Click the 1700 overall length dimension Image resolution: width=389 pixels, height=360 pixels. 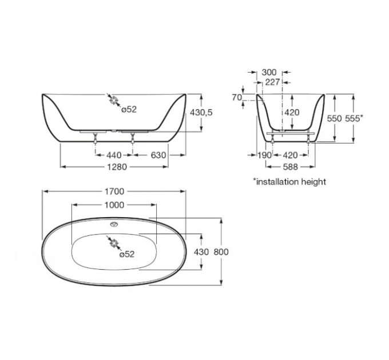tap(114, 191)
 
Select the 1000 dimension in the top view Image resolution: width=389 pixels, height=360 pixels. tap(114, 205)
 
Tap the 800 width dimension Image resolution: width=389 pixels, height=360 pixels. tap(221, 252)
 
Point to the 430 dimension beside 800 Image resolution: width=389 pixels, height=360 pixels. tap(201, 252)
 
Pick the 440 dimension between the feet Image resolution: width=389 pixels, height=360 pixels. tap(114, 155)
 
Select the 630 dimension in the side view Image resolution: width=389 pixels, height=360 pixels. tap(158, 155)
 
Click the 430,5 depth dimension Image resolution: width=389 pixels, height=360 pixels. tap(201, 113)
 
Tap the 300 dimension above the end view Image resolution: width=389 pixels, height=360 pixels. tap(269, 73)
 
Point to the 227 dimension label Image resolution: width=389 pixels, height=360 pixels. tap(273, 82)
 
